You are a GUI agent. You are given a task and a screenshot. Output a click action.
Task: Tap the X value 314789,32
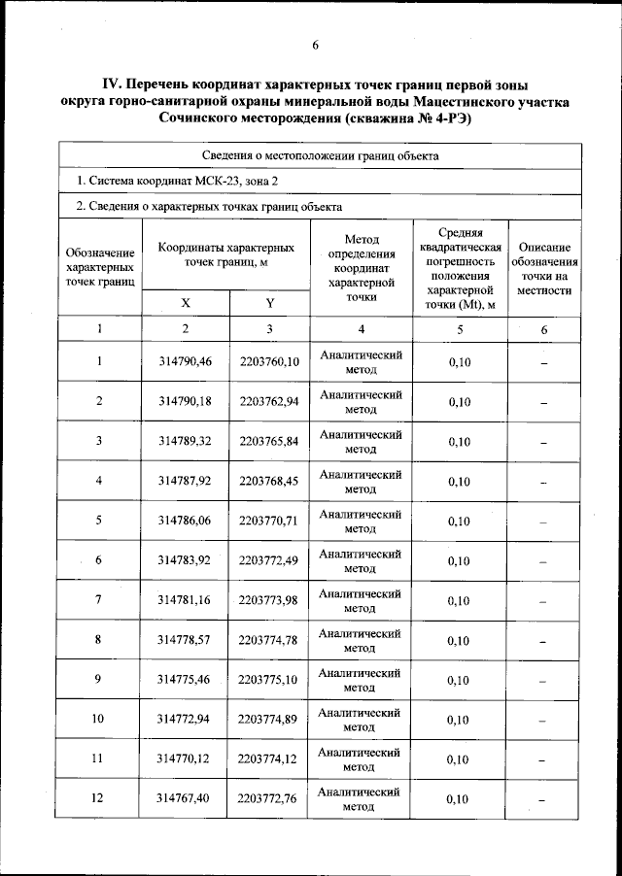tap(185, 441)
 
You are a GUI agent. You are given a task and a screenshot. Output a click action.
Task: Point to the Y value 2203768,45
tap(269, 481)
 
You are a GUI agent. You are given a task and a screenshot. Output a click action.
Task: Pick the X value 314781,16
tap(185, 600)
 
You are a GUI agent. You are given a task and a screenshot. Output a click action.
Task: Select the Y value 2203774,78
tap(269, 640)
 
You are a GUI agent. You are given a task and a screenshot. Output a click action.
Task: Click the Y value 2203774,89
tap(269, 720)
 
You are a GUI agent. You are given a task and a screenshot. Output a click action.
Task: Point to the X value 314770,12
tap(185, 759)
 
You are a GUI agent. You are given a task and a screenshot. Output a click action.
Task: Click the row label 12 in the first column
tap(98, 799)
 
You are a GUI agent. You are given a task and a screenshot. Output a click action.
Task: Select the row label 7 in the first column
tap(98, 600)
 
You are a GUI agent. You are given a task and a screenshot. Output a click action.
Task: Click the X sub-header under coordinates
tap(185, 303)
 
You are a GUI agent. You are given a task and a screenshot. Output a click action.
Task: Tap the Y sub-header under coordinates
tap(269, 303)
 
